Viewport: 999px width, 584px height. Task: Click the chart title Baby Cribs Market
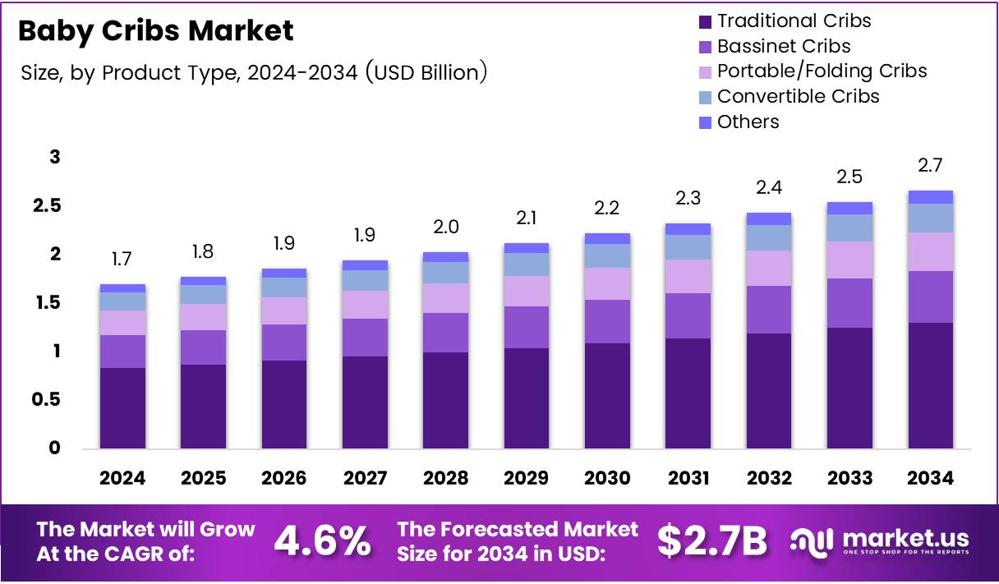[x=155, y=31]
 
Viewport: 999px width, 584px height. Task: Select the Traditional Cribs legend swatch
[x=704, y=21]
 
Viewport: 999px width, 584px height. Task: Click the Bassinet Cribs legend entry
[x=783, y=46]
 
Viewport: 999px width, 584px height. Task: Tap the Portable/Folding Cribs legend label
[x=822, y=71]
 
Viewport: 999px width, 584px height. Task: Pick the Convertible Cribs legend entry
[x=798, y=97]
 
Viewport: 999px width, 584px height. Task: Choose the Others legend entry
[x=748, y=122]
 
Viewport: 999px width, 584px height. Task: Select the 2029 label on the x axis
[x=527, y=478]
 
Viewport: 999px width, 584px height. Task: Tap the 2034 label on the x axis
[x=931, y=478]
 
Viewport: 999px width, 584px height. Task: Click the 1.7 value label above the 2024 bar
[x=122, y=260]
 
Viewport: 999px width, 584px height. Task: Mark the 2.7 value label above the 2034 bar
[x=931, y=166]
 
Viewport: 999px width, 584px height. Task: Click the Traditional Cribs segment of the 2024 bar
[x=122, y=407]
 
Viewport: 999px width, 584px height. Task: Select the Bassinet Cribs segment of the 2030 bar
[x=607, y=321]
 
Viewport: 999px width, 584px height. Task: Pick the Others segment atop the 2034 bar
[x=931, y=197]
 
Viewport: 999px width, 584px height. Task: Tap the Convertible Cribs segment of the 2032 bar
[x=769, y=237]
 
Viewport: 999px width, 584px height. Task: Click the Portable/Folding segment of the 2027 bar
[x=365, y=304]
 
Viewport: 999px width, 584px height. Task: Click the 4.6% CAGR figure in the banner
[x=321, y=540]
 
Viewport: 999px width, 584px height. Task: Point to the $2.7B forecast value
[x=711, y=540]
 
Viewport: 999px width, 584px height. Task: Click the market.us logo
[x=880, y=541]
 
